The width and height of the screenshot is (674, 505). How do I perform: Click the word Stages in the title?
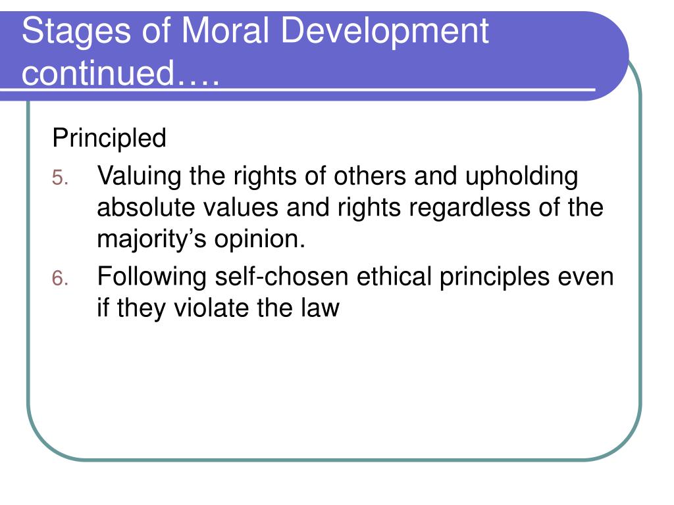coord(76,32)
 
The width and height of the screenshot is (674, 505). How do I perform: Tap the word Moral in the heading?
coord(225,30)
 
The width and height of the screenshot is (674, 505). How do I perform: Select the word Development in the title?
coord(385,32)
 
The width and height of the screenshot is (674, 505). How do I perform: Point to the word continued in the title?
coord(98,72)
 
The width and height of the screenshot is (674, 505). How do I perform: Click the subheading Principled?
coord(109,138)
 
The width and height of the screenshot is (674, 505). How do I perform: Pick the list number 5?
coord(60,178)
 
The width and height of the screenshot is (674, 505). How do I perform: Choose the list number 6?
coord(60,278)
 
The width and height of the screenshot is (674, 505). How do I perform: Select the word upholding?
coord(521,177)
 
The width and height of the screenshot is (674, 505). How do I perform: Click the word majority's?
coord(152,239)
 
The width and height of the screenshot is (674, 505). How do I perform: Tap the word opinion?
coord(259,239)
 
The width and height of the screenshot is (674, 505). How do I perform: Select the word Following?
coord(152,277)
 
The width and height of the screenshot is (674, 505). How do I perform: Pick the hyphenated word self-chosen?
coord(282,276)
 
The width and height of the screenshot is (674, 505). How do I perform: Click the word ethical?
coord(394,276)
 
